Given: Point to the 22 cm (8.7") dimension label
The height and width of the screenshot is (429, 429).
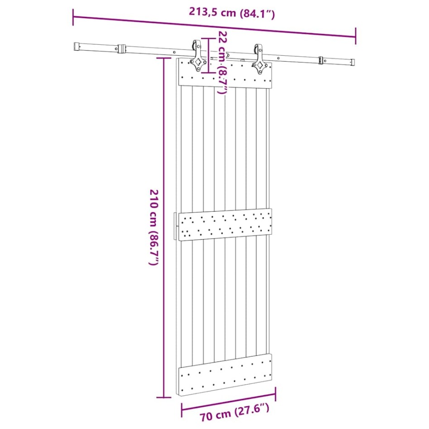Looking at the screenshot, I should [222, 63].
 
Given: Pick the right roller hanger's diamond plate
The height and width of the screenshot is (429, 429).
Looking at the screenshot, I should [259, 66].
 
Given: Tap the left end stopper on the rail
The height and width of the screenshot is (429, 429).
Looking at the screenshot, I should [121, 49].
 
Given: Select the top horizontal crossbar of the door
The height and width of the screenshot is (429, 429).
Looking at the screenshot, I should [226, 74].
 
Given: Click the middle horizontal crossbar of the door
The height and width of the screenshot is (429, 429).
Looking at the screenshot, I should [225, 224].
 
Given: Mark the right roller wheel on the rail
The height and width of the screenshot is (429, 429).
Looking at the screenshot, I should [258, 50].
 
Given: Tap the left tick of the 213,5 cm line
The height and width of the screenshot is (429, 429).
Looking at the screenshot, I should [73, 17].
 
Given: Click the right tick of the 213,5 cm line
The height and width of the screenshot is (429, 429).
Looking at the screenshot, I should [356, 35].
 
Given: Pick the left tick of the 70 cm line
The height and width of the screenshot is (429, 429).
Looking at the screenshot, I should [182, 410].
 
